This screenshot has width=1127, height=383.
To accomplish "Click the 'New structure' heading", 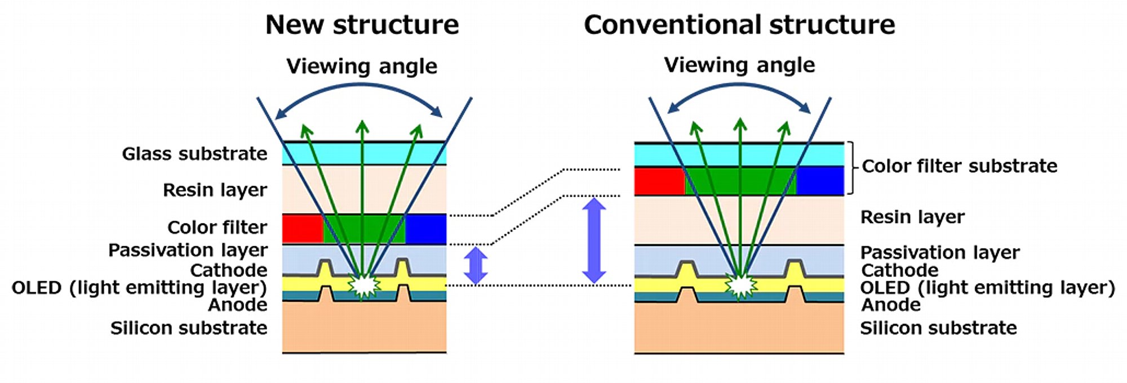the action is pyautogui.click(x=362, y=25).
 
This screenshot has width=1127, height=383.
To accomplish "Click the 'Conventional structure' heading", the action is pyautogui.click(x=739, y=25).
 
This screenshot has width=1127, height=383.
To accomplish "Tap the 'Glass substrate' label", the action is pyautogui.click(x=194, y=154).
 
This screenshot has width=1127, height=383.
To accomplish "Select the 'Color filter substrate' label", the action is pyautogui.click(x=960, y=166).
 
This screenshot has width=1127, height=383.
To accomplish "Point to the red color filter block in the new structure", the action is pyautogui.click(x=303, y=229).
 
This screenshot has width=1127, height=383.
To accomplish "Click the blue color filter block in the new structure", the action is pyautogui.click(x=426, y=229).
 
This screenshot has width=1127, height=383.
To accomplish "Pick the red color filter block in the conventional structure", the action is pyautogui.click(x=659, y=181).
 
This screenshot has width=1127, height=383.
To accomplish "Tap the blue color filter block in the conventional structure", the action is pyautogui.click(x=820, y=181).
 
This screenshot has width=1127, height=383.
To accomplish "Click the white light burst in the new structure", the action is pyautogui.click(x=364, y=285).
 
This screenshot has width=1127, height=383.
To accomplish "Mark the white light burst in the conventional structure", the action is pyautogui.click(x=740, y=286).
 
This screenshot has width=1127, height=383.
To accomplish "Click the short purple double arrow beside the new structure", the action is pyautogui.click(x=476, y=265).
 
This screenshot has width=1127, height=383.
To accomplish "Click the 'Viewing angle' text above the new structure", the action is pyautogui.click(x=362, y=66).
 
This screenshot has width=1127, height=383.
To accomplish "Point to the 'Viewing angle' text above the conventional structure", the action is pyautogui.click(x=739, y=65).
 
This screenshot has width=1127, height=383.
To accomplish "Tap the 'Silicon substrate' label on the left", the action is pyautogui.click(x=189, y=328).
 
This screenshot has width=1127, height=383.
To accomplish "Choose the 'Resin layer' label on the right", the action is pyautogui.click(x=912, y=217).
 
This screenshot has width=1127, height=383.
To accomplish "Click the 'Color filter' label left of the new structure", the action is pyautogui.click(x=217, y=228).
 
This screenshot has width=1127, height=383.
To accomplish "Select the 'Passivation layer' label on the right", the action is pyautogui.click(x=940, y=252).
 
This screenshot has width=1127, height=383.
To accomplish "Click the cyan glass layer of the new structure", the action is pyautogui.click(x=364, y=153).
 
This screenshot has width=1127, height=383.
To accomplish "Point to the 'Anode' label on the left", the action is pyautogui.click(x=238, y=305).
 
